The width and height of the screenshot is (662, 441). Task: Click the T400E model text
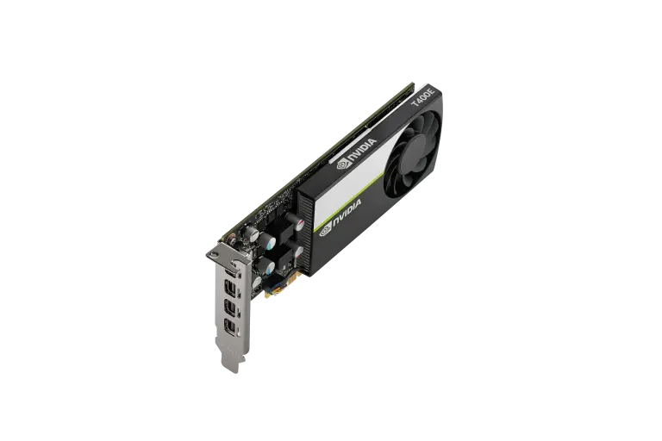423,96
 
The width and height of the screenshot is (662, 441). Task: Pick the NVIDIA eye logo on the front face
326,231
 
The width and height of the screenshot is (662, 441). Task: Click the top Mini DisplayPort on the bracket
230,289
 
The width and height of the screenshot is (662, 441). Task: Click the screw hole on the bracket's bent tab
215,254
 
